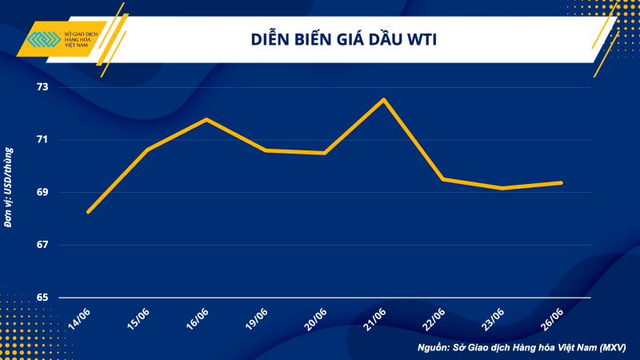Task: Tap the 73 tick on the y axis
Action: pyautogui.click(x=42, y=86)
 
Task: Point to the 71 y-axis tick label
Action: pyautogui.click(x=42, y=139)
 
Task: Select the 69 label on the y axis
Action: pyautogui.click(x=42, y=192)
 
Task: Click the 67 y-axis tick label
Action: pyautogui.click(x=42, y=245)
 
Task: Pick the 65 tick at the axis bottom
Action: pyautogui.click(x=42, y=298)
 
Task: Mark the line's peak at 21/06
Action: pyautogui.click(x=384, y=99)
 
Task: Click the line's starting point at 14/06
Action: pyautogui.click(x=88, y=212)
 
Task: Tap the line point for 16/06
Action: pyautogui.click(x=206, y=119)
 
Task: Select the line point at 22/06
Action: pyautogui.click(x=443, y=179)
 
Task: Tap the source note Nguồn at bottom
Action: pyautogui.click(x=521, y=348)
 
